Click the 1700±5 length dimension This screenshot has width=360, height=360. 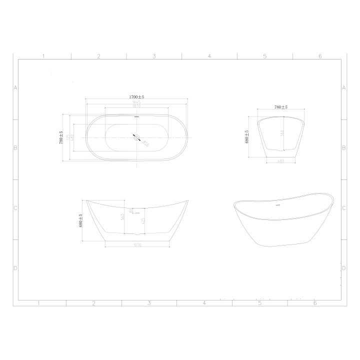pos(136,97)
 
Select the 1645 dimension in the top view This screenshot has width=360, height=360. pos(136,102)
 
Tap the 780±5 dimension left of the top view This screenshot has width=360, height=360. pos(61,137)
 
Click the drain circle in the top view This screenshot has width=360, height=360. pos(136,136)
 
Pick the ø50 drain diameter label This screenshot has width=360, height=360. pos(146,144)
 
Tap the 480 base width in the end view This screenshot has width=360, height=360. pos(281,160)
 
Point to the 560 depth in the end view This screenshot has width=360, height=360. pos(282,134)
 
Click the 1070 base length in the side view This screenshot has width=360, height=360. pos(138,245)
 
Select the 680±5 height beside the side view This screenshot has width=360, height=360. pos(79,220)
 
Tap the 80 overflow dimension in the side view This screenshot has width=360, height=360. pos(131,210)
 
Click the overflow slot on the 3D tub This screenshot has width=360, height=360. pos(279,205)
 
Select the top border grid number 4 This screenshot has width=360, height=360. pos(209,56)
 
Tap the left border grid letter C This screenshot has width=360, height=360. pos(15,208)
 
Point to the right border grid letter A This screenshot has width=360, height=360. pos(344,88)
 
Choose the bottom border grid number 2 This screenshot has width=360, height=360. pos(93,303)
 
